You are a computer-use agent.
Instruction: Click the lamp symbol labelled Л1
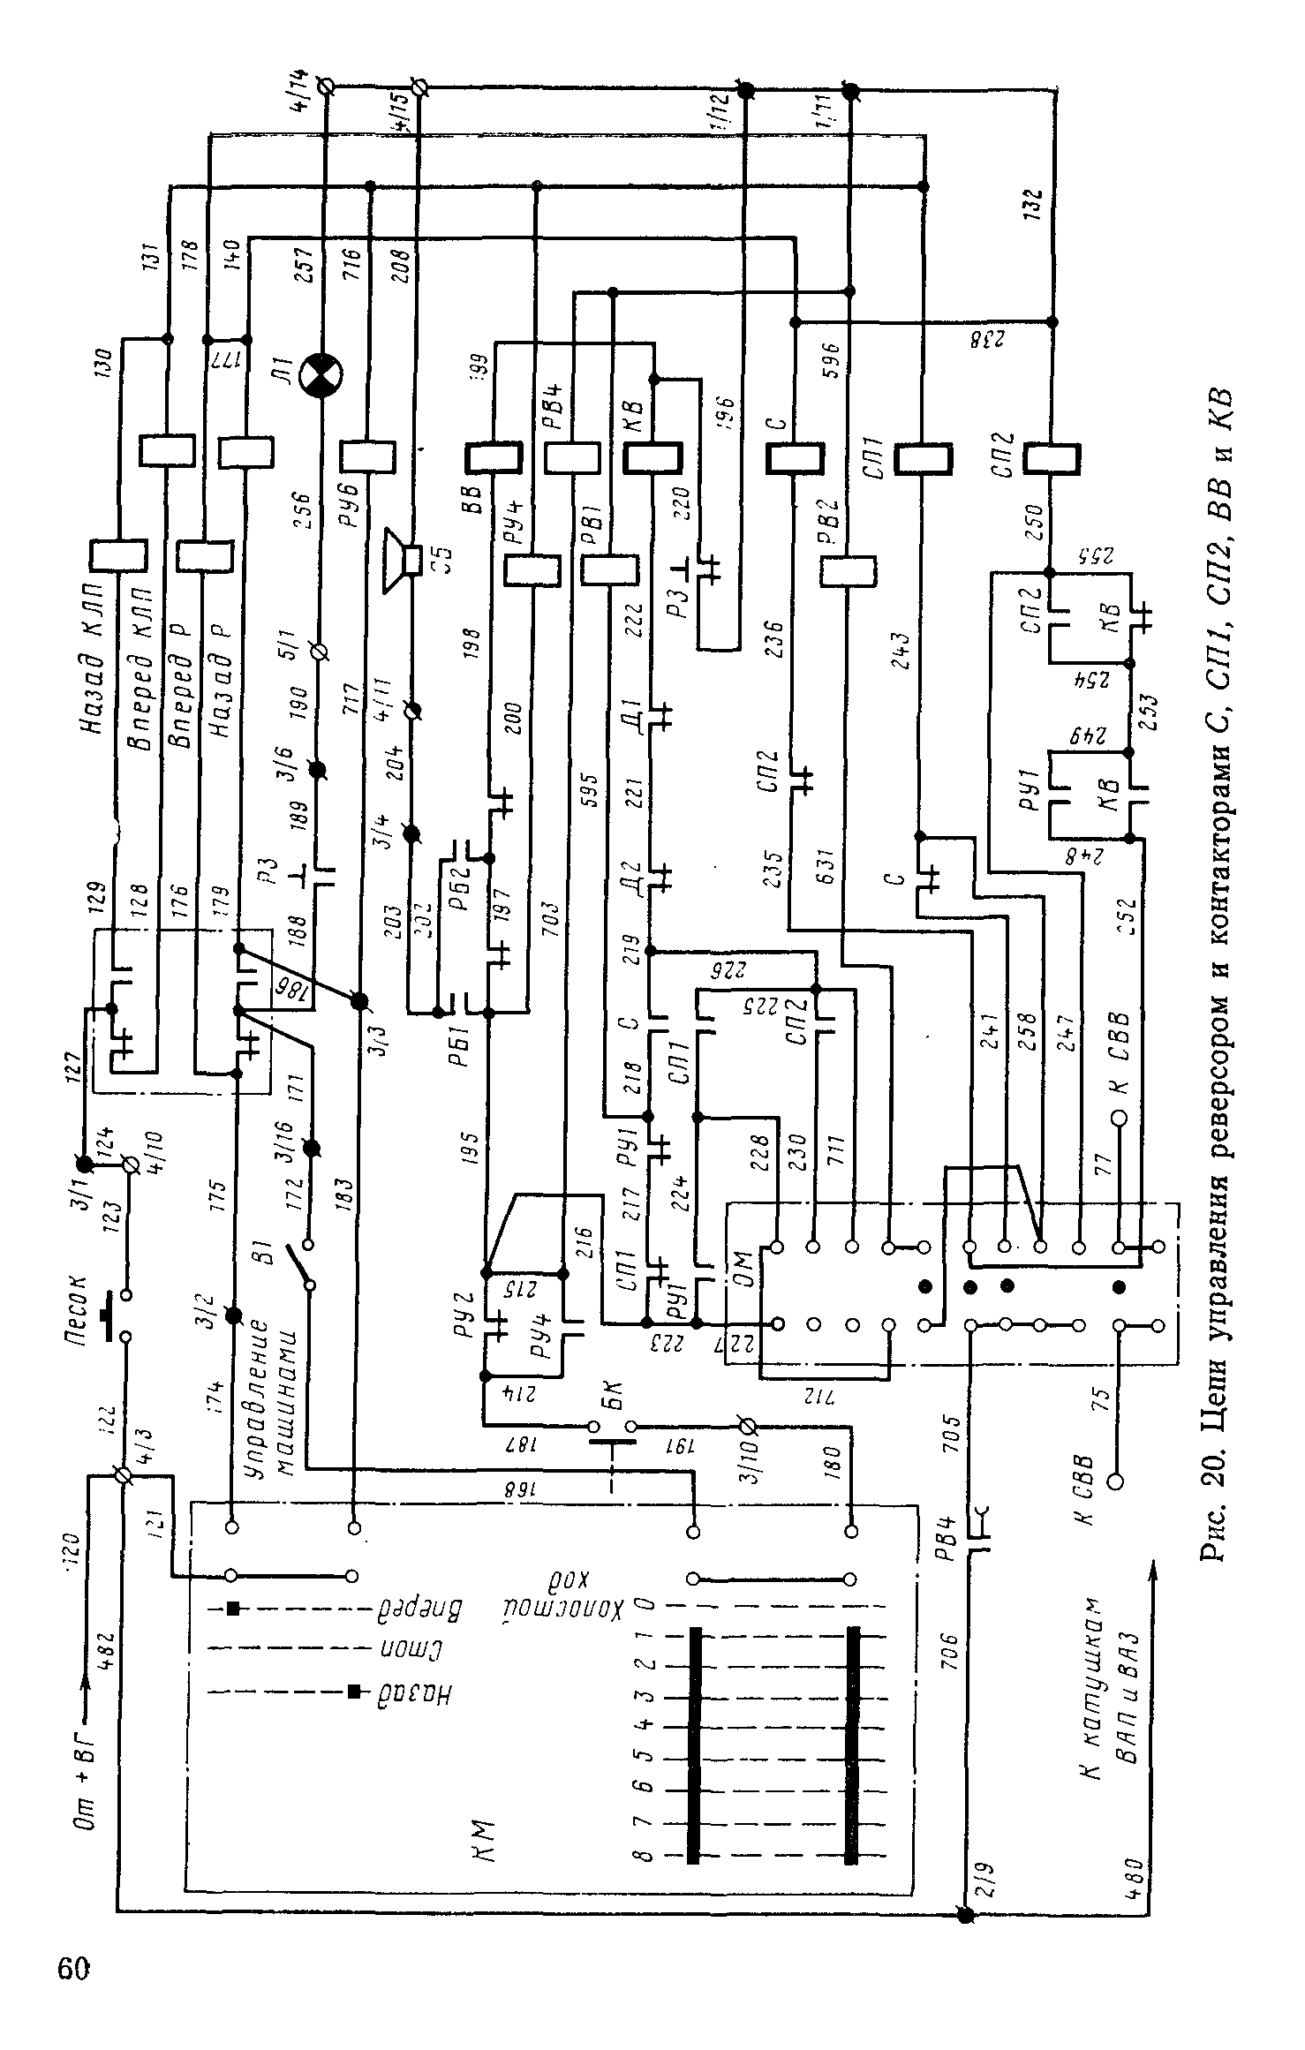click(321, 376)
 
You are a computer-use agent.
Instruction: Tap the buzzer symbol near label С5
click(402, 561)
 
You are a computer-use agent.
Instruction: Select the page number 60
click(74, 1968)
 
